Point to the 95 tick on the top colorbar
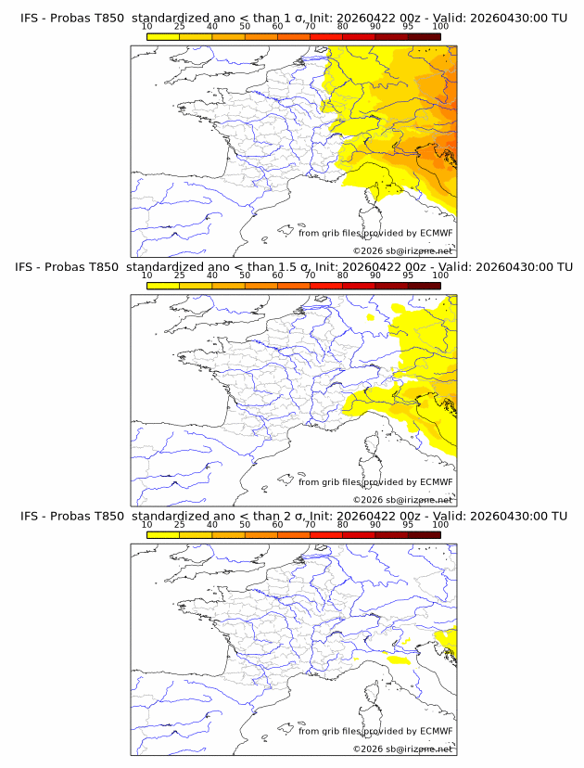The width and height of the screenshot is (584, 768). pyautogui.click(x=408, y=26)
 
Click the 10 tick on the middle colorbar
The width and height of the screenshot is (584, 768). pyautogui.click(x=147, y=275)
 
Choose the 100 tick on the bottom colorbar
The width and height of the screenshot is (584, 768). pyautogui.click(x=440, y=523)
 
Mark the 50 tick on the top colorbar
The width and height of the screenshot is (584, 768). pyautogui.click(x=245, y=26)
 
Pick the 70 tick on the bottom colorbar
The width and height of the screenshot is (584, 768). pyautogui.click(x=310, y=523)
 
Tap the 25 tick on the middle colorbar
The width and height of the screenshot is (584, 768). pyautogui.click(x=180, y=275)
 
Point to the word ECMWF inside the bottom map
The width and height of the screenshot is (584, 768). pyautogui.click(x=436, y=731)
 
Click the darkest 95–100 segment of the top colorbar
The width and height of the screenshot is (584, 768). pyautogui.click(x=424, y=36)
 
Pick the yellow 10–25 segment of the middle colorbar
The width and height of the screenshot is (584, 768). pyautogui.click(x=163, y=285)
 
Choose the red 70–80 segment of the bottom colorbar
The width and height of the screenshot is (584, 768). pyautogui.click(x=325, y=533)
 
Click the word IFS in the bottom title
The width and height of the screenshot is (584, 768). pyautogui.click(x=30, y=516)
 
